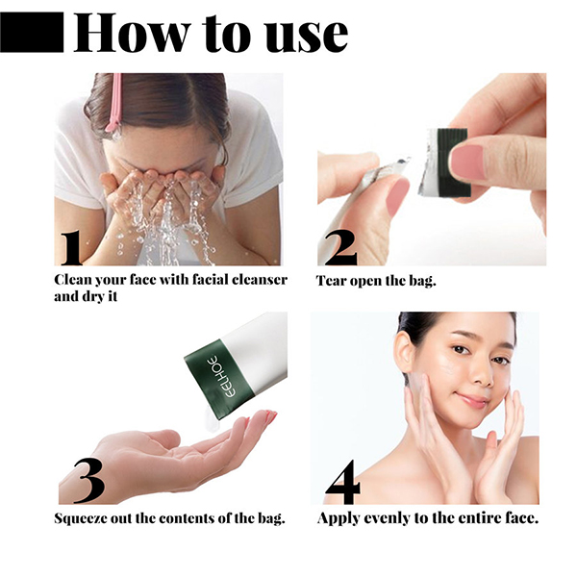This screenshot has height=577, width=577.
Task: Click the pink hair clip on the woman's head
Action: tap(114, 101)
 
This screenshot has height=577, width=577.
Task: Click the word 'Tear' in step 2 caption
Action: tap(333, 281)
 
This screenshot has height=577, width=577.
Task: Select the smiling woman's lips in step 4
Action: tap(472, 397)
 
